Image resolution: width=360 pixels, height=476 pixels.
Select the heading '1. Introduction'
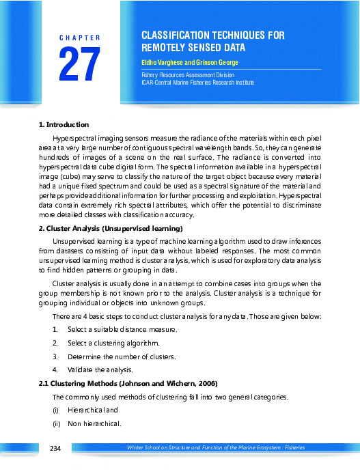[x=64, y=124]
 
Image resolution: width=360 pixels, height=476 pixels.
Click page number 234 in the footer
[x=55, y=447]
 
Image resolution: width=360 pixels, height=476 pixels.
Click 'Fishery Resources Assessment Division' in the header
[x=187, y=74]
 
